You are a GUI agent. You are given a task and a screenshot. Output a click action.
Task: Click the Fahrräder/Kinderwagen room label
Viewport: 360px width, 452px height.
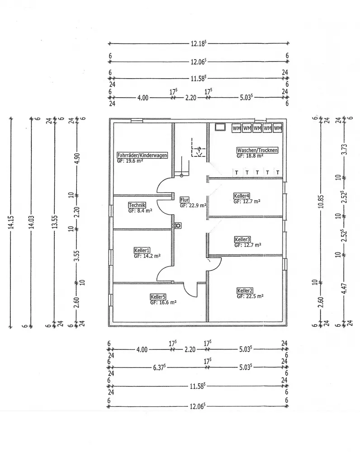142,155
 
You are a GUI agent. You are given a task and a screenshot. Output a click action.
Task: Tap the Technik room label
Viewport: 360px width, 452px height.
137,205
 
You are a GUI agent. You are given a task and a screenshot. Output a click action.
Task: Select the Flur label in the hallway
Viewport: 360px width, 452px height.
185,200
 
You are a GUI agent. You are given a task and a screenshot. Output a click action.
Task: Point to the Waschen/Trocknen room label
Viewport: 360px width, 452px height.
257,150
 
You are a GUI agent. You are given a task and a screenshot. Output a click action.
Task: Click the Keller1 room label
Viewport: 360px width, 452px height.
142,250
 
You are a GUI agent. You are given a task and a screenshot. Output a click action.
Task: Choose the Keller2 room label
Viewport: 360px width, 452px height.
245,290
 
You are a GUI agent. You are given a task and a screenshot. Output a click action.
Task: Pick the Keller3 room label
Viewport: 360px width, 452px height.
242,239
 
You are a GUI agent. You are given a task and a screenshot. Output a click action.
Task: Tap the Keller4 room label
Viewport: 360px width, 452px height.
242,196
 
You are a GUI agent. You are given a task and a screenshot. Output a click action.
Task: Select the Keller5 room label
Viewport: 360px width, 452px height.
158,297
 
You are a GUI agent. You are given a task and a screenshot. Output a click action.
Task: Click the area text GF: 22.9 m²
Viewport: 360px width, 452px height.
193,206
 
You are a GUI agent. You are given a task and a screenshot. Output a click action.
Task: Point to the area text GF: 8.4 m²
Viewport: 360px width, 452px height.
140,211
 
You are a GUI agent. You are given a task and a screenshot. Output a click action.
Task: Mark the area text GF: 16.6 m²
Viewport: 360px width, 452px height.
163,302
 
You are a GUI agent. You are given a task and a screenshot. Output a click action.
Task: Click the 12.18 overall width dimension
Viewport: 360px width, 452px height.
199,43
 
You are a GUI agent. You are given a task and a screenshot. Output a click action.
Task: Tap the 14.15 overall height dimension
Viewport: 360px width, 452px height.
11,222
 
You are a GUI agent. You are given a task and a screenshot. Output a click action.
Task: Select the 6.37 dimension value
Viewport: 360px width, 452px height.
159,367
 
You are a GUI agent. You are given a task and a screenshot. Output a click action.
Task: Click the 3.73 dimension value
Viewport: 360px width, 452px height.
344,149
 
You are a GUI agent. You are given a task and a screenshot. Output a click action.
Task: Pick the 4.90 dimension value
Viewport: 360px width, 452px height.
77,158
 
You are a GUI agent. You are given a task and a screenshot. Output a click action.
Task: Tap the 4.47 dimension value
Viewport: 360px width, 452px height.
344,289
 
